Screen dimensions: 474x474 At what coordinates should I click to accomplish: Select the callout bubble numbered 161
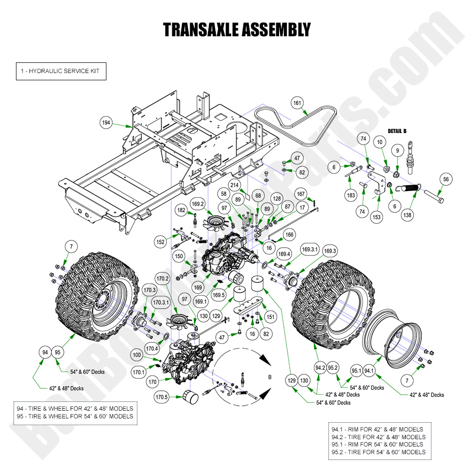297,103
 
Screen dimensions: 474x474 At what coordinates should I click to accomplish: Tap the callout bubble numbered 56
445,179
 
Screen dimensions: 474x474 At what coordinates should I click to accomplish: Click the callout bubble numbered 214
235,185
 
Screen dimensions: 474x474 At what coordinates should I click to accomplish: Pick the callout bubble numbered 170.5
161,398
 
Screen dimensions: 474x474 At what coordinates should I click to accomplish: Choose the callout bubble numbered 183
351,195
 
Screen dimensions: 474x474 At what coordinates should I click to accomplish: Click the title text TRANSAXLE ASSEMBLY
237,30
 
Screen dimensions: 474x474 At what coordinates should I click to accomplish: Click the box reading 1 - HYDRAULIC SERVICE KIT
60,71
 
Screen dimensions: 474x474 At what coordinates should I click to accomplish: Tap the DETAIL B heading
397,131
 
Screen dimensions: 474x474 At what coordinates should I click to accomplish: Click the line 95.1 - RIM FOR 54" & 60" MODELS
377,444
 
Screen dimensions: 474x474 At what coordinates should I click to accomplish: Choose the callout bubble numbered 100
137,355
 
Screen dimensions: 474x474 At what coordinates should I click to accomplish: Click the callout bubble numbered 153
376,218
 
